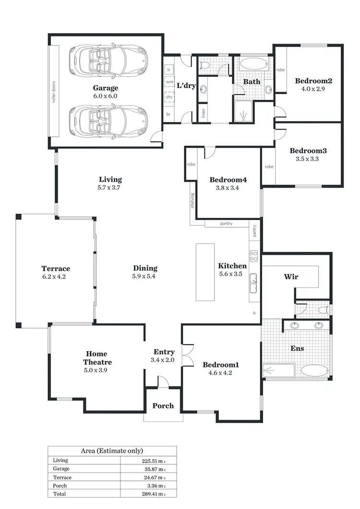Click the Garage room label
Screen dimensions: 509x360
point(105,88)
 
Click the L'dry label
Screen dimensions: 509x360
point(185,86)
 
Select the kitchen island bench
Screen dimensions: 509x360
point(205,272)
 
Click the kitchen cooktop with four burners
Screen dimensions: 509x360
point(253,256)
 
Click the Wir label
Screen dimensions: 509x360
point(291,277)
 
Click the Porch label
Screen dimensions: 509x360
point(163,406)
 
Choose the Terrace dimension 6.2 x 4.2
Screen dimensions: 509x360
point(56,276)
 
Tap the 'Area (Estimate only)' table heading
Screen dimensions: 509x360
point(112,451)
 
